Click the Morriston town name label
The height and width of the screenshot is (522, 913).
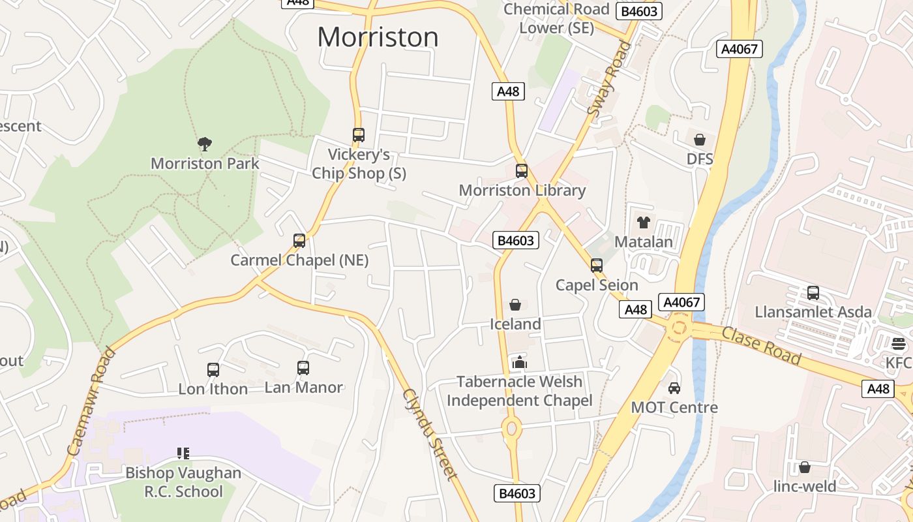coord(378,37)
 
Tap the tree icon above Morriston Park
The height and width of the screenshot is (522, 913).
coord(205,144)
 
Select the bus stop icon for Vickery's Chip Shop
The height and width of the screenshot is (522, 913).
coord(359,135)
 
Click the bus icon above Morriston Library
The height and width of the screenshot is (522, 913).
coord(522,171)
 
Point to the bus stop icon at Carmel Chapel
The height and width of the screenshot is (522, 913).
coord(299,241)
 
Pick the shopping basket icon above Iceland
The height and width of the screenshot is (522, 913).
coord(515,305)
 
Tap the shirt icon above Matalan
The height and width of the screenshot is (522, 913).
coord(644,222)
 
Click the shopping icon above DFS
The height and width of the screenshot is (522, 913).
coord(700,140)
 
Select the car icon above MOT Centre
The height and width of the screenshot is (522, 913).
coord(674,388)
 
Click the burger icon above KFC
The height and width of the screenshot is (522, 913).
coord(899,343)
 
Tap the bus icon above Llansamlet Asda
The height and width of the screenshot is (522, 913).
coord(813,292)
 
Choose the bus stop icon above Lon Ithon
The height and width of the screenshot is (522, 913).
coord(213,369)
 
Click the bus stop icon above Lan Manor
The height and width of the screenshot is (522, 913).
coord(303,368)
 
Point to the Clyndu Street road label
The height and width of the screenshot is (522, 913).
coord(430,435)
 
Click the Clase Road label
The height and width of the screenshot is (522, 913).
coord(762,345)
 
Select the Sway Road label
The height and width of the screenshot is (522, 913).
coord(610,79)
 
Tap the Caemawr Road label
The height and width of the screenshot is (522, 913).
coord(91,401)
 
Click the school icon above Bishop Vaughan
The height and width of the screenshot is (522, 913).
coord(183,453)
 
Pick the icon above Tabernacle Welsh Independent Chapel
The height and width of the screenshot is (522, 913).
coord(519,362)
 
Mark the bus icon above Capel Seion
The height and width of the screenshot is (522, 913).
coord(597,266)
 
